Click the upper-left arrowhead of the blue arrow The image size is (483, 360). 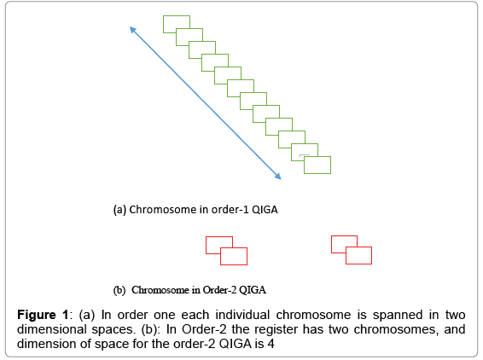point(132,29)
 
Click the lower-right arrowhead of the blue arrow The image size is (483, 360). point(278,177)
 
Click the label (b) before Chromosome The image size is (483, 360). point(119,288)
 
